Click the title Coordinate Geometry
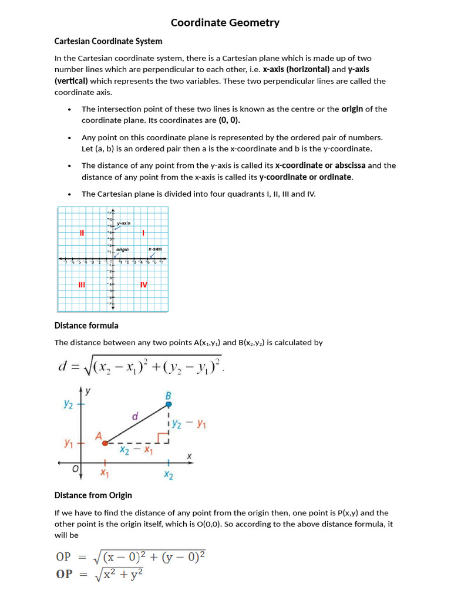pos(225,23)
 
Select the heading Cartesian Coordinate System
pos(108,41)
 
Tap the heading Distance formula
pos(86,325)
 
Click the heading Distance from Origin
pos(93,495)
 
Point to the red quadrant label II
pos(82,233)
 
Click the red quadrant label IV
pos(144,285)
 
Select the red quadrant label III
pos(82,285)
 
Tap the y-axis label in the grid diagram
pos(124,223)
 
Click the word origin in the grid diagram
pos(122,249)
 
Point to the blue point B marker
pos(169,404)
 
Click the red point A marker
pos(105,443)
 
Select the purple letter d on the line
pos(134,417)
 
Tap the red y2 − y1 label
pos(189,424)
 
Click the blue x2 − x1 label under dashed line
pos(136,451)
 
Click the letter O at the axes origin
pos(75,469)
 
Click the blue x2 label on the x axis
pos(169,475)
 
